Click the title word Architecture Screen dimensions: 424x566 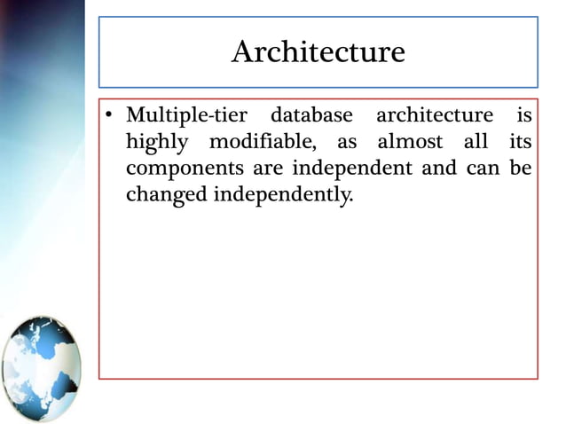(318, 52)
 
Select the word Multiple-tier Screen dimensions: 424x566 (186, 115)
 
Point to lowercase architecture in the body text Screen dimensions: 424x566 (434, 116)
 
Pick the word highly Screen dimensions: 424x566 (154, 143)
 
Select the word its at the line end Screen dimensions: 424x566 (521, 142)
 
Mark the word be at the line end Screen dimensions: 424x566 (523, 168)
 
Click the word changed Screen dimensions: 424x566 (166, 195)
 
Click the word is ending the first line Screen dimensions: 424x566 (524, 115)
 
